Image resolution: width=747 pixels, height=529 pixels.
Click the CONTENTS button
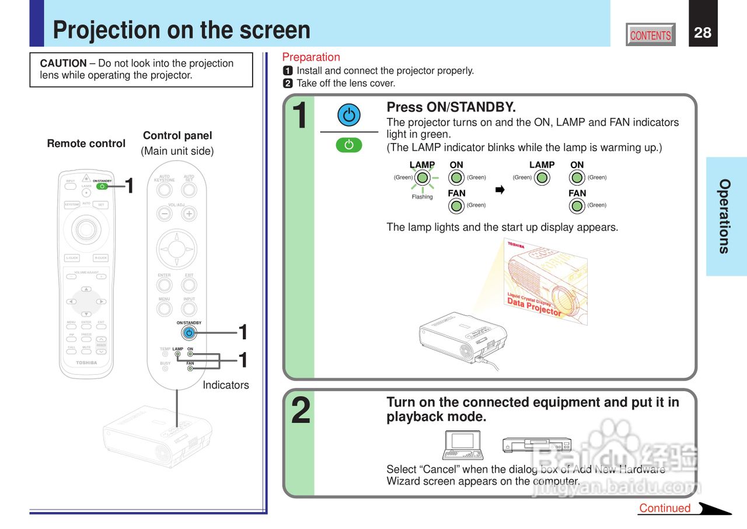point(651,35)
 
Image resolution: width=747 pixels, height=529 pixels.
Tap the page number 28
point(703,33)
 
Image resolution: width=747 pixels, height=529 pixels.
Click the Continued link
point(665,508)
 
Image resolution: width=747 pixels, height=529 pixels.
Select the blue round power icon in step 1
point(349,116)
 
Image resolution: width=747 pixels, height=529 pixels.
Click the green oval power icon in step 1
point(349,145)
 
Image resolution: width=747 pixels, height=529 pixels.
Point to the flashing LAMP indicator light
point(422,178)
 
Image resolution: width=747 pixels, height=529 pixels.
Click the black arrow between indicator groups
point(500,190)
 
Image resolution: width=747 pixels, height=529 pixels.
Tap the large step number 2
point(301,411)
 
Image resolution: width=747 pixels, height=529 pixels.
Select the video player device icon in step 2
point(537,445)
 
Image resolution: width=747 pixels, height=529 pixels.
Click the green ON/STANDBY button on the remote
point(102,186)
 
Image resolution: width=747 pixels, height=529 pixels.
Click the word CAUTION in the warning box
point(63,63)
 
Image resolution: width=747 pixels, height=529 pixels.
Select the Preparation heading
point(311,57)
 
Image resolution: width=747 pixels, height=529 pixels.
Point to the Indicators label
point(226,385)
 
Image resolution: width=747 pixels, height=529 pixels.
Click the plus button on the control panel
point(189,214)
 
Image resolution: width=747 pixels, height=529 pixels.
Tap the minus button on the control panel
point(165,214)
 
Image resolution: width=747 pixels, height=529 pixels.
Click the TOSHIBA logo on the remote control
point(86,363)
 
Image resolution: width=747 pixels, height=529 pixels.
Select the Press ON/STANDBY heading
point(451,107)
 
